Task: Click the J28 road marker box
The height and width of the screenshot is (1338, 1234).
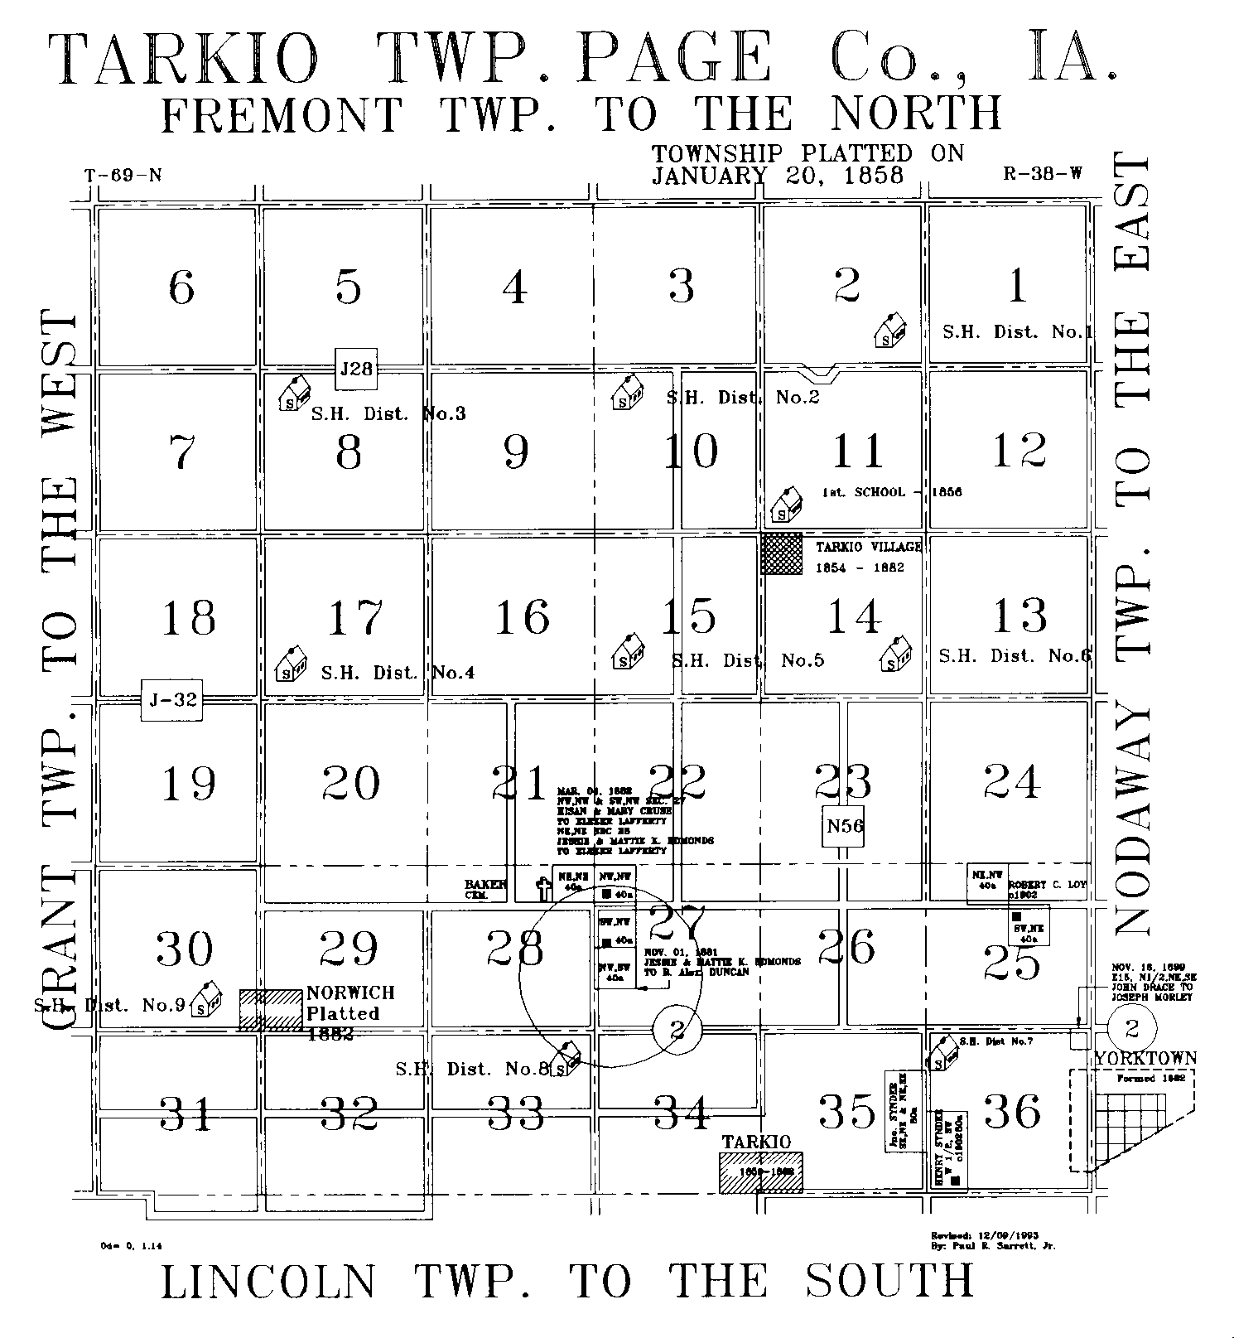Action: point(356,369)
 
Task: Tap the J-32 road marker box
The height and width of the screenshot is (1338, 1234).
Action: point(172,700)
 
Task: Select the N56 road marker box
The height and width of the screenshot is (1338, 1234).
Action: point(844,826)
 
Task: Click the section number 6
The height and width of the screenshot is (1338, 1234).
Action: point(181,287)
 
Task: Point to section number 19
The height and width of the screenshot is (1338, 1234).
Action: point(189,784)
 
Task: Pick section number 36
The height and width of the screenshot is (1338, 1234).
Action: point(1014,1111)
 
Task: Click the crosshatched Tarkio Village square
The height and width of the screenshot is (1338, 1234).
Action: point(782,553)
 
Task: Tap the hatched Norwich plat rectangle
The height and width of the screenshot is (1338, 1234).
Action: point(271,1009)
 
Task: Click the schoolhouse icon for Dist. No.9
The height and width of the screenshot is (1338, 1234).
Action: point(205,999)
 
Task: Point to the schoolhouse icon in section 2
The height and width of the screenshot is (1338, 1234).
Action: point(889,331)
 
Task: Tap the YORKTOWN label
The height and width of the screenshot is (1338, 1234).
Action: point(1145,1058)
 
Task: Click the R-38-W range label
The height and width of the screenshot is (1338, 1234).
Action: point(1043,174)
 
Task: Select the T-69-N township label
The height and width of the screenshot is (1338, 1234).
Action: point(123,176)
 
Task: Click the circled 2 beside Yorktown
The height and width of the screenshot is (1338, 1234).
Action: point(1131,1029)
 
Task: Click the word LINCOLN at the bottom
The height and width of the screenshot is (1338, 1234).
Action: point(268,1282)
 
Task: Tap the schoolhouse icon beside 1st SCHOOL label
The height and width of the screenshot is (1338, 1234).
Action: point(785,505)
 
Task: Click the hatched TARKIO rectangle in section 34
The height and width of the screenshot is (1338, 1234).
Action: point(760,1172)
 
